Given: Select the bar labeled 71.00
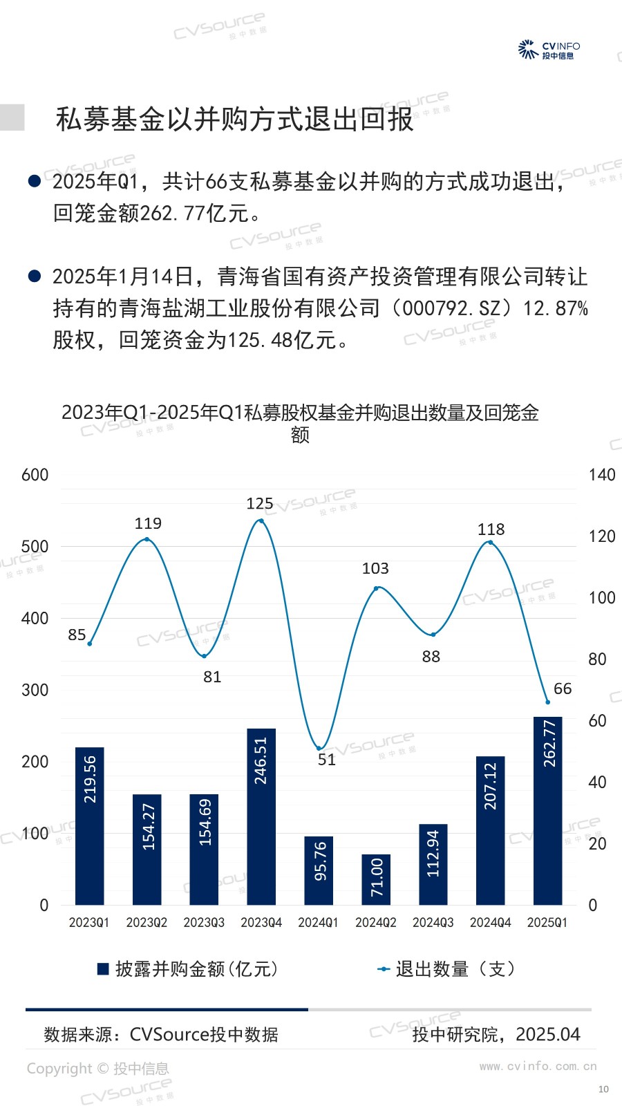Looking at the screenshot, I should click(x=376, y=879).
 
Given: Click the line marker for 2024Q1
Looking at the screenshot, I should click(x=319, y=748).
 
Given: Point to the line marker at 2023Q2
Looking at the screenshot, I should click(x=147, y=539).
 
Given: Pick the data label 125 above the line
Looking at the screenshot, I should click(x=260, y=504).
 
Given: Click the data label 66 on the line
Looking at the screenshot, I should click(x=563, y=688).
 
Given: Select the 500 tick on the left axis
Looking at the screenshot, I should click(x=35, y=547).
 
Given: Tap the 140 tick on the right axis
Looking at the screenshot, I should click(x=601, y=475).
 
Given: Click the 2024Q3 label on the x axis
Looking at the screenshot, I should click(x=433, y=923).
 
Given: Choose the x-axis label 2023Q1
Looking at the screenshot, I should click(x=89, y=923).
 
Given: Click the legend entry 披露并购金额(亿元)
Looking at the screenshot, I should click(x=188, y=969).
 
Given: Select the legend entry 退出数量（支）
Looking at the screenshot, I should click(x=446, y=969).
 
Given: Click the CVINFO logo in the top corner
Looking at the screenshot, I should click(x=549, y=50).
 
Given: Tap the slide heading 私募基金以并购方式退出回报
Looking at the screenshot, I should click(x=234, y=120).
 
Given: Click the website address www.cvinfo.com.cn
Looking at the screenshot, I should click(x=538, y=1066).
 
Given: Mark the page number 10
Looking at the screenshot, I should click(x=603, y=1089).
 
